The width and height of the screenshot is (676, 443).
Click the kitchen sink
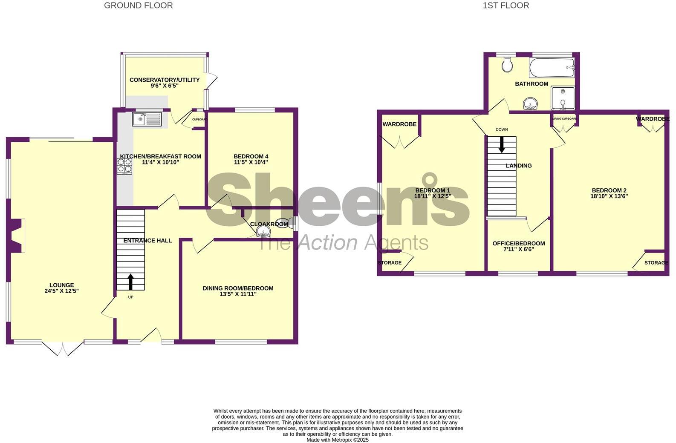(x=147, y=119)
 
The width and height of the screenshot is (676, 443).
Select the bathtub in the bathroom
(x=552, y=67)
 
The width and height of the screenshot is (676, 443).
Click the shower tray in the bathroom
(x=563, y=98)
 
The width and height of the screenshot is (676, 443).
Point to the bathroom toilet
(x=507, y=65)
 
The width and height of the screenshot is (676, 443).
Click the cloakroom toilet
(x=283, y=223)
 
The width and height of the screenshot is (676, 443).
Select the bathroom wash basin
(x=530, y=104)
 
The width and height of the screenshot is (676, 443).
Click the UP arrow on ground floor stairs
(x=130, y=282)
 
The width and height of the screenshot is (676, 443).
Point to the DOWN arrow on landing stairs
(x=502, y=144)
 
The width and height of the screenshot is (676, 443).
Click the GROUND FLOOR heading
(x=139, y=6)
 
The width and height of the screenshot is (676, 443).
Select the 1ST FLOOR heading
(x=506, y=6)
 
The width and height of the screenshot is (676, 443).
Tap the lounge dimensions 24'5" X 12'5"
(x=62, y=291)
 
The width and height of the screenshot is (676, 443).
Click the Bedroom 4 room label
(x=251, y=156)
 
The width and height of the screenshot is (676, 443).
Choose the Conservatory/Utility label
(x=165, y=80)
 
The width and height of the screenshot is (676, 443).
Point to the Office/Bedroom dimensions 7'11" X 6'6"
(x=519, y=249)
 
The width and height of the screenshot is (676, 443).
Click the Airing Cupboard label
(x=564, y=119)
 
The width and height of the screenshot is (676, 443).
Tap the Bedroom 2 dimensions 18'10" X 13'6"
(x=609, y=196)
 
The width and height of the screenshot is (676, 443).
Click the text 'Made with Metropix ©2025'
(x=338, y=440)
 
